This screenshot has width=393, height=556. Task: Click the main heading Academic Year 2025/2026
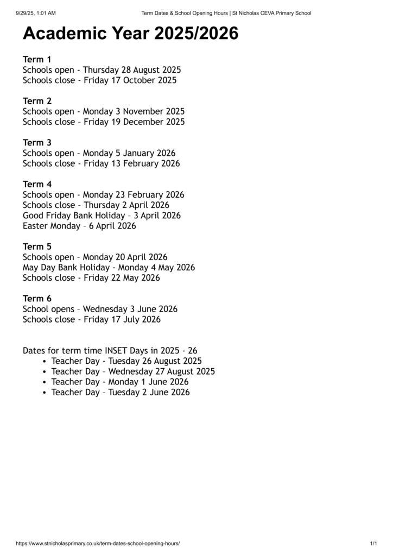[130, 34]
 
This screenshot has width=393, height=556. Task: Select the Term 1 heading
[37, 59]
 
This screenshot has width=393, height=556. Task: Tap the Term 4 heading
[37, 184]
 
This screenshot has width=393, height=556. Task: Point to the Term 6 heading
[37, 299]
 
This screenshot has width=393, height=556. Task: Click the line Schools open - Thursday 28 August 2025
[102, 70]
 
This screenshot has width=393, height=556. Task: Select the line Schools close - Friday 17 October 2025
[99, 80]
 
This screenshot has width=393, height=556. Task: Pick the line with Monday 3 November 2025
[104, 111]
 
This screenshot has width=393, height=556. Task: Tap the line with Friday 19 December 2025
[104, 122]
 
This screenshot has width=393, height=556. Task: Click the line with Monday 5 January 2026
[99, 153]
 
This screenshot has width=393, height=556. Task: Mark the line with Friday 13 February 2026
[101, 163]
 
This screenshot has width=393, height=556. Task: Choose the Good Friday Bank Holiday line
[102, 216]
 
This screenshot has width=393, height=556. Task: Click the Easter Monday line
[79, 226]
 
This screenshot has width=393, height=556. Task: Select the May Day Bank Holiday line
[109, 268]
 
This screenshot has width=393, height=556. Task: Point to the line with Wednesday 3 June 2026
[100, 309]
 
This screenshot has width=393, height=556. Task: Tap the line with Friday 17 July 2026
[92, 319]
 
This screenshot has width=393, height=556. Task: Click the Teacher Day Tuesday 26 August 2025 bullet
[126, 361]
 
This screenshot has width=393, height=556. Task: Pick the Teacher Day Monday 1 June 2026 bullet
[120, 382]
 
